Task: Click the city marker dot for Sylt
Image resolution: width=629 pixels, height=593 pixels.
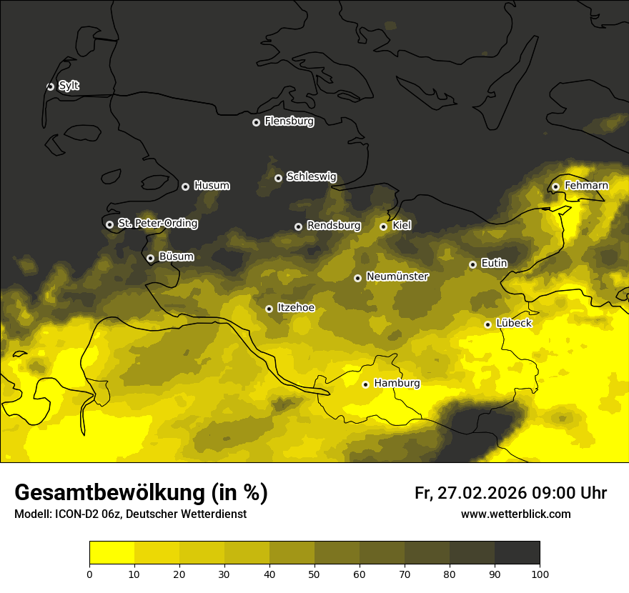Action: (x=50, y=86)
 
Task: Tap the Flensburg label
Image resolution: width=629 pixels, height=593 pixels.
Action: (x=289, y=121)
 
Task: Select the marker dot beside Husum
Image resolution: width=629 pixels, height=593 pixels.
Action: (x=185, y=186)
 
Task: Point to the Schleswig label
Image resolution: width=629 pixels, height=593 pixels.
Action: (x=311, y=176)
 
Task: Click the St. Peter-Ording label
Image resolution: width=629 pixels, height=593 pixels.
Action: (x=157, y=224)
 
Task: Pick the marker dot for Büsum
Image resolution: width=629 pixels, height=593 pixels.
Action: (x=150, y=259)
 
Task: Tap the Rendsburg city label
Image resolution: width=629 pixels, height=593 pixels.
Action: (x=333, y=226)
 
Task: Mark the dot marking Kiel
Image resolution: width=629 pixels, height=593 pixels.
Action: (x=383, y=226)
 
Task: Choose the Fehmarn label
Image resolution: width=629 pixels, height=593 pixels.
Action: (x=586, y=186)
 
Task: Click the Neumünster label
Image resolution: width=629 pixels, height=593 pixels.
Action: (x=397, y=276)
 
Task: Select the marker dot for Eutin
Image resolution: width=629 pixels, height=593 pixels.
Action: (x=472, y=264)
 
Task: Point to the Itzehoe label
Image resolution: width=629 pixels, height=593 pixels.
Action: (x=296, y=308)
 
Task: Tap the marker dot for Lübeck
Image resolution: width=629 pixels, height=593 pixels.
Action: (x=487, y=324)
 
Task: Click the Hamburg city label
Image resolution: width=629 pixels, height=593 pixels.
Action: (x=397, y=384)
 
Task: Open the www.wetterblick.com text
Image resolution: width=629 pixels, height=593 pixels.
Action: (x=515, y=514)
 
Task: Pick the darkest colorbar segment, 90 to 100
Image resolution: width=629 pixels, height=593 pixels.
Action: (x=517, y=553)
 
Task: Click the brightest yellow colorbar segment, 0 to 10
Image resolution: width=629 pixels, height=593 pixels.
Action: (x=112, y=553)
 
